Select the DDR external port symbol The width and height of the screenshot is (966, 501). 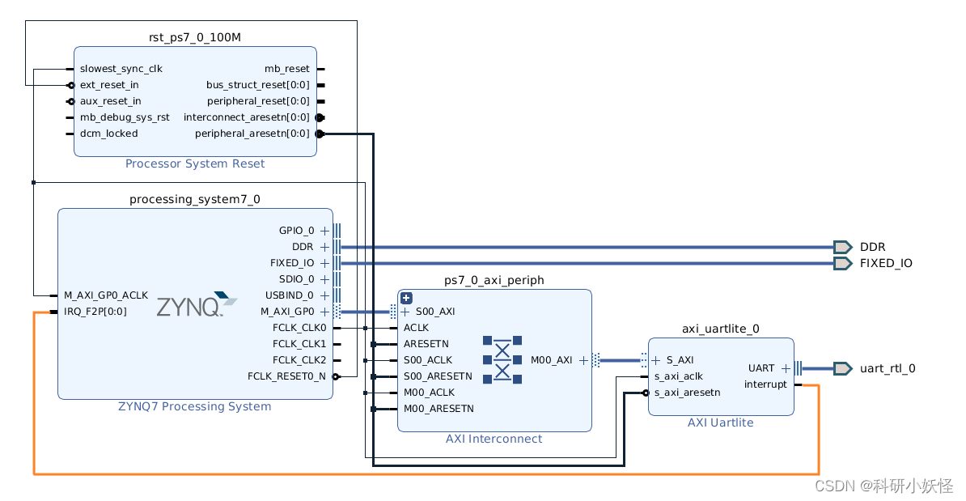tap(842, 247)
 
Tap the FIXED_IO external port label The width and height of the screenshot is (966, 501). tap(886, 263)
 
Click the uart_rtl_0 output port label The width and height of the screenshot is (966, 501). tap(888, 368)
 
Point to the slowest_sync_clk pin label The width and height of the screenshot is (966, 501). tap(121, 69)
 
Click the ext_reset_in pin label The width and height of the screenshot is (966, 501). tap(109, 85)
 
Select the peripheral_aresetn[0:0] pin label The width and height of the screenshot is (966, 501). tap(252, 134)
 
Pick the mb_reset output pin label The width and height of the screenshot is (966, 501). tap(287, 69)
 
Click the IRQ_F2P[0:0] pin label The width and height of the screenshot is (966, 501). tap(95, 312)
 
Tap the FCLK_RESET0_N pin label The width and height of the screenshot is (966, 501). tap(286, 376)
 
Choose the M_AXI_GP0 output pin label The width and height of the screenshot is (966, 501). tap(287, 312)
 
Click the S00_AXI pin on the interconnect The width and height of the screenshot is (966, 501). tap(434, 312)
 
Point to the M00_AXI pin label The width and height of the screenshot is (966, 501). tap(552, 360)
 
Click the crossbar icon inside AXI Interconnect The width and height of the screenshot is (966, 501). tap(502, 359)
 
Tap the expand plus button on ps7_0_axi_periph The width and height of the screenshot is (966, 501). tap(407, 298)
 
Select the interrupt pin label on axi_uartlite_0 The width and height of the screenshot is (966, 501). tap(765, 384)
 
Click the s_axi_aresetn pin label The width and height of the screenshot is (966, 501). tap(687, 393)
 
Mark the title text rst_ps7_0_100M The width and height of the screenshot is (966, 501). tap(195, 38)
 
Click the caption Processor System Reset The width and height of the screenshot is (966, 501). tap(195, 163)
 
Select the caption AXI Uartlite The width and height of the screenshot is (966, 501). tap(720, 422)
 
